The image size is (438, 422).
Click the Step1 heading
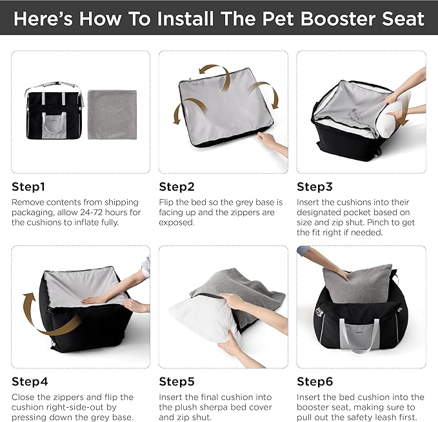29,187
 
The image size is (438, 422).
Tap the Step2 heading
177,187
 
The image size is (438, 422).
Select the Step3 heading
314,187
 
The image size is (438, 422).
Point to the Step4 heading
30,381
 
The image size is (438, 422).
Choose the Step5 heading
177,381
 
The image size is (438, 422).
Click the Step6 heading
314,381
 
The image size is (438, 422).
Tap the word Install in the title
184,17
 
